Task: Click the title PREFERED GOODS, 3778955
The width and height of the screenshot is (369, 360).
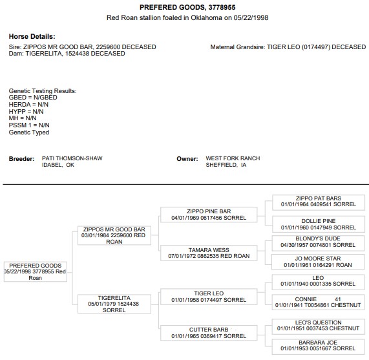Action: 187,8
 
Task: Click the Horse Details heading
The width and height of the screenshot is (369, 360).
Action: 32,36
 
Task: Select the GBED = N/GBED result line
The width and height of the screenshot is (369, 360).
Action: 33,98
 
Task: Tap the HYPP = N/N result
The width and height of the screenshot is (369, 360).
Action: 26,111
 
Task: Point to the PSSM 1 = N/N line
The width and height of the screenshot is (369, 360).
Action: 29,125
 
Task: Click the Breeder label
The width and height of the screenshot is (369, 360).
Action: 22,159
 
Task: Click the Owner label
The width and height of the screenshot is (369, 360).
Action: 187,159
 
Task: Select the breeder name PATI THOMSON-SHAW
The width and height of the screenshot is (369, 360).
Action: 72,158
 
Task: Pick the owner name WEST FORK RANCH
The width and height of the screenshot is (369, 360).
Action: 233,158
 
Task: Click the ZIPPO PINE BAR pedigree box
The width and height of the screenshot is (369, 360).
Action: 209,215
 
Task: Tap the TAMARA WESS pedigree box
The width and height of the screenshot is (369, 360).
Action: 209,253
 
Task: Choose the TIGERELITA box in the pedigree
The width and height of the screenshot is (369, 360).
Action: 114,304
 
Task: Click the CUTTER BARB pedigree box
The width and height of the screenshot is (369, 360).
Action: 209,333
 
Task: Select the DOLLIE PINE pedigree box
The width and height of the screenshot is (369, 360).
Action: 319,224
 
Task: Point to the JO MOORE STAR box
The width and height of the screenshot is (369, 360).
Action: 318,262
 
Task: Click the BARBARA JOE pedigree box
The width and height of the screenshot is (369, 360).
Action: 318,347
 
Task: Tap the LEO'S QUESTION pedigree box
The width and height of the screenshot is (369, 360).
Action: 318,326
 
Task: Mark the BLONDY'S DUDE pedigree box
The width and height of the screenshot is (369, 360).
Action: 318,243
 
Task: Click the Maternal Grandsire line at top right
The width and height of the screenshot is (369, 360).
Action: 288,47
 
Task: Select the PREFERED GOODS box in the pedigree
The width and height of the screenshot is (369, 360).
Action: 36,271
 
